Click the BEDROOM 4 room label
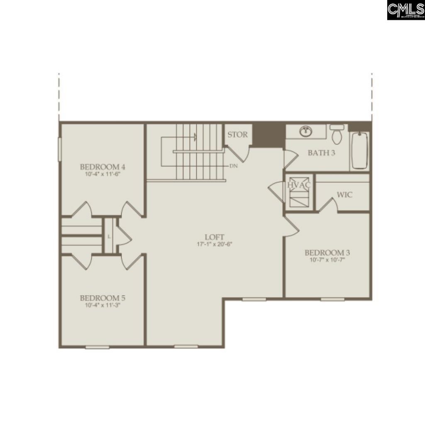pyautogui.click(x=103, y=167)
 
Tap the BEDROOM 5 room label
pyautogui.click(x=103, y=298)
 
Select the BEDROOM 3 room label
pyautogui.click(x=327, y=252)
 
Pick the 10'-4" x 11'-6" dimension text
pyautogui.click(x=103, y=174)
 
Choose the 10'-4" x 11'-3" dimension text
pyautogui.click(x=103, y=305)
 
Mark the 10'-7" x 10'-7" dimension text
pyautogui.click(x=327, y=260)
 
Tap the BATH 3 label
pyautogui.click(x=321, y=153)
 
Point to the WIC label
pyautogui.click(x=344, y=194)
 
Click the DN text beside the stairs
pyautogui.click(x=233, y=166)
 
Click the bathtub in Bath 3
pyautogui.click(x=360, y=150)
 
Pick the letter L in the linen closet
pyautogui.click(x=109, y=237)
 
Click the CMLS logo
pyautogui.click(x=405, y=10)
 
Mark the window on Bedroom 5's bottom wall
pyautogui.click(x=97, y=346)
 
